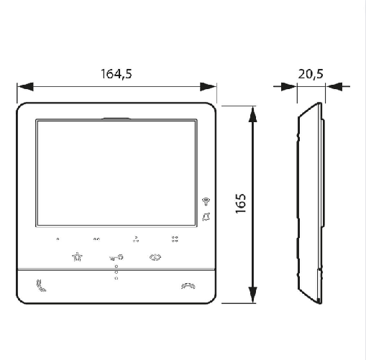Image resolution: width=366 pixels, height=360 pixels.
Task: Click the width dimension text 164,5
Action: [116, 73]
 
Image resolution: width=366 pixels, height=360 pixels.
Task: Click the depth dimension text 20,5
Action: [311, 73]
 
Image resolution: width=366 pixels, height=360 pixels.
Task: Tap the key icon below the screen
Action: [116, 257]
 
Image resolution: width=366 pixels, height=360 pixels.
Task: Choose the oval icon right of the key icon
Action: [155, 257]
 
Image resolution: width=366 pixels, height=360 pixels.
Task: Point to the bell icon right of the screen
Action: [206, 216]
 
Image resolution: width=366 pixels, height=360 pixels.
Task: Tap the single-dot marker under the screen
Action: [58, 240]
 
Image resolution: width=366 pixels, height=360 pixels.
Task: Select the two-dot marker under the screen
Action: [96, 240]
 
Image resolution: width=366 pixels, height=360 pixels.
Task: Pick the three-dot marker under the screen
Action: [135, 239]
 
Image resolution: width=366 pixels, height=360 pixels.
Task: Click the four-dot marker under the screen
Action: [174, 239]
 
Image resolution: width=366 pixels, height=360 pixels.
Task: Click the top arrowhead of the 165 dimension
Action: [252, 114]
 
